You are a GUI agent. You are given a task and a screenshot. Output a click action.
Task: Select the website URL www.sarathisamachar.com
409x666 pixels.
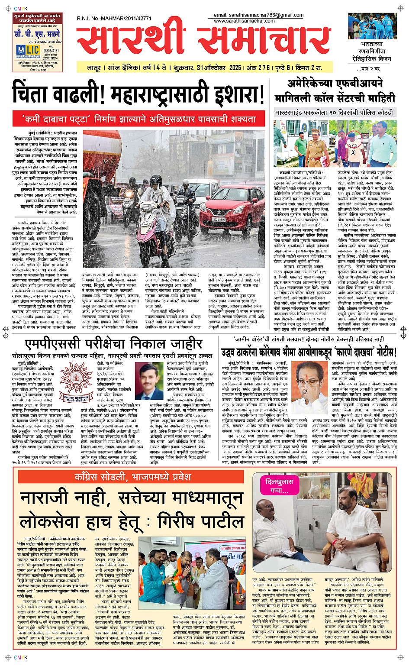click(x=244, y=21)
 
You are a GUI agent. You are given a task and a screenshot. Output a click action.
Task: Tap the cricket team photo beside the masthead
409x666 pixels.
click(x=372, y=26)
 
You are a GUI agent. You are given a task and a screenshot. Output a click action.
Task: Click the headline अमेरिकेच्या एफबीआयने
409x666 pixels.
click(x=335, y=84)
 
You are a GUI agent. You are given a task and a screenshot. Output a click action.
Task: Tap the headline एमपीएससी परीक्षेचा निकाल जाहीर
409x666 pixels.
click(x=113, y=343)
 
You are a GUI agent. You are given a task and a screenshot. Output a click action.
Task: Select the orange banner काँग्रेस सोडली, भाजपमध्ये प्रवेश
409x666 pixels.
click(x=132, y=477)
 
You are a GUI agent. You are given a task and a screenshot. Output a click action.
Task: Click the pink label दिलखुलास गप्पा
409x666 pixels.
click(x=279, y=485)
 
